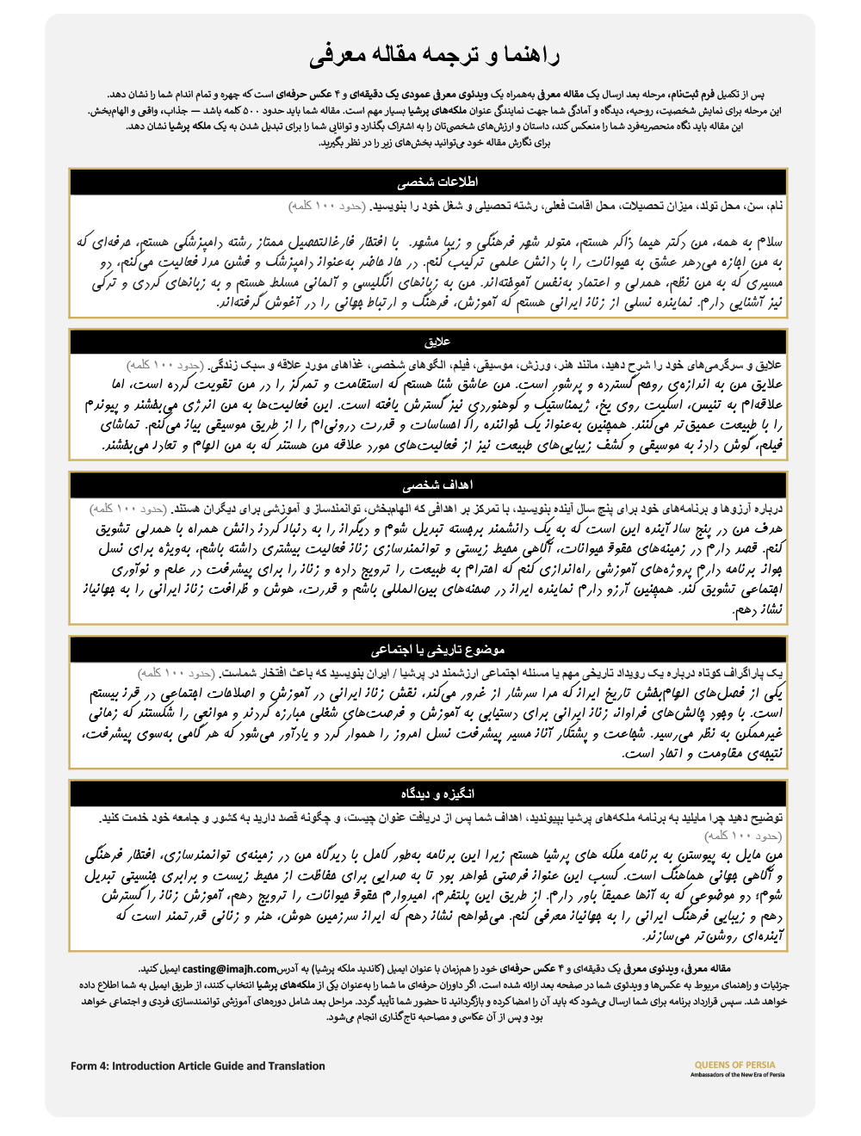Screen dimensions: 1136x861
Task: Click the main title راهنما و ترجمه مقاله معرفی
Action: (435, 57)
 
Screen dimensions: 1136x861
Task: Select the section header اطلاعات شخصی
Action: (437, 182)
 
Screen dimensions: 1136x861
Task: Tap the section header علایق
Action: (437, 342)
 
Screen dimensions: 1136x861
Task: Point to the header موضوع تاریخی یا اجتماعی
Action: (437, 650)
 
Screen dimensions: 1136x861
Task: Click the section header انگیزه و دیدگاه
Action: (437, 793)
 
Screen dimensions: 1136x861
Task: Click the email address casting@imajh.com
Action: (229, 968)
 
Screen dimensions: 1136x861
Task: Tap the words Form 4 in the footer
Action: (88, 1065)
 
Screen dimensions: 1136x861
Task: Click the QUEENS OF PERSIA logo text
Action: (734, 1065)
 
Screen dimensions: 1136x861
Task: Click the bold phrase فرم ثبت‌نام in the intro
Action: (691, 95)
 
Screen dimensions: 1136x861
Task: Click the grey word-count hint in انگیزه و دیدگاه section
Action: (743, 836)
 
